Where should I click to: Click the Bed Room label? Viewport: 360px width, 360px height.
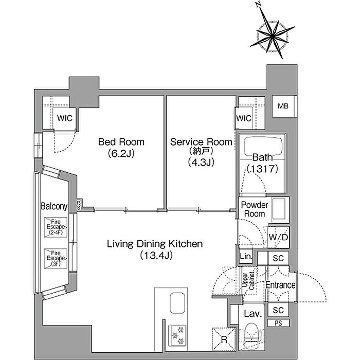(121, 142)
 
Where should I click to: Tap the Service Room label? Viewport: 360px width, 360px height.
(201, 142)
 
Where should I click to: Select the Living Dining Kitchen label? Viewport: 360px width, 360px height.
(155, 244)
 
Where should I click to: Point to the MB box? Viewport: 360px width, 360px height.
(283, 106)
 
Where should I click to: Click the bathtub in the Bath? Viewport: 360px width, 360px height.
(263, 147)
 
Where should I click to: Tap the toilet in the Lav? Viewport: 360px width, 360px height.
(252, 335)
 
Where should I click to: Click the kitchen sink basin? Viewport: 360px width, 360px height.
(177, 302)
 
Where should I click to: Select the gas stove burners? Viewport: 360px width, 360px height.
(177, 336)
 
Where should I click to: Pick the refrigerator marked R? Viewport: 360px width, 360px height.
(224, 339)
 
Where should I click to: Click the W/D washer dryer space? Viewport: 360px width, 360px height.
(278, 237)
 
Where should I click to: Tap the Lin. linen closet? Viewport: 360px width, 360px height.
(246, 256)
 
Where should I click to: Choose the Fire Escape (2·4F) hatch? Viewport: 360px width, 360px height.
(56, 227)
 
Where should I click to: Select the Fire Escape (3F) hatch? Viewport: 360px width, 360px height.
(56, 259)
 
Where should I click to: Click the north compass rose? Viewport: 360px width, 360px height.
(272, 35)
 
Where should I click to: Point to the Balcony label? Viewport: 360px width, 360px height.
(54, 206)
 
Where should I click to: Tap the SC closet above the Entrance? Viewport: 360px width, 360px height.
(278, 258)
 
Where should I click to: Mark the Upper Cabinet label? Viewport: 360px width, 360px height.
(248, 280)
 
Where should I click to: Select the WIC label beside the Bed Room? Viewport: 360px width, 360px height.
(65, 118)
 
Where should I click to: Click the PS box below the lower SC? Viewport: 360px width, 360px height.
(278, 323)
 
